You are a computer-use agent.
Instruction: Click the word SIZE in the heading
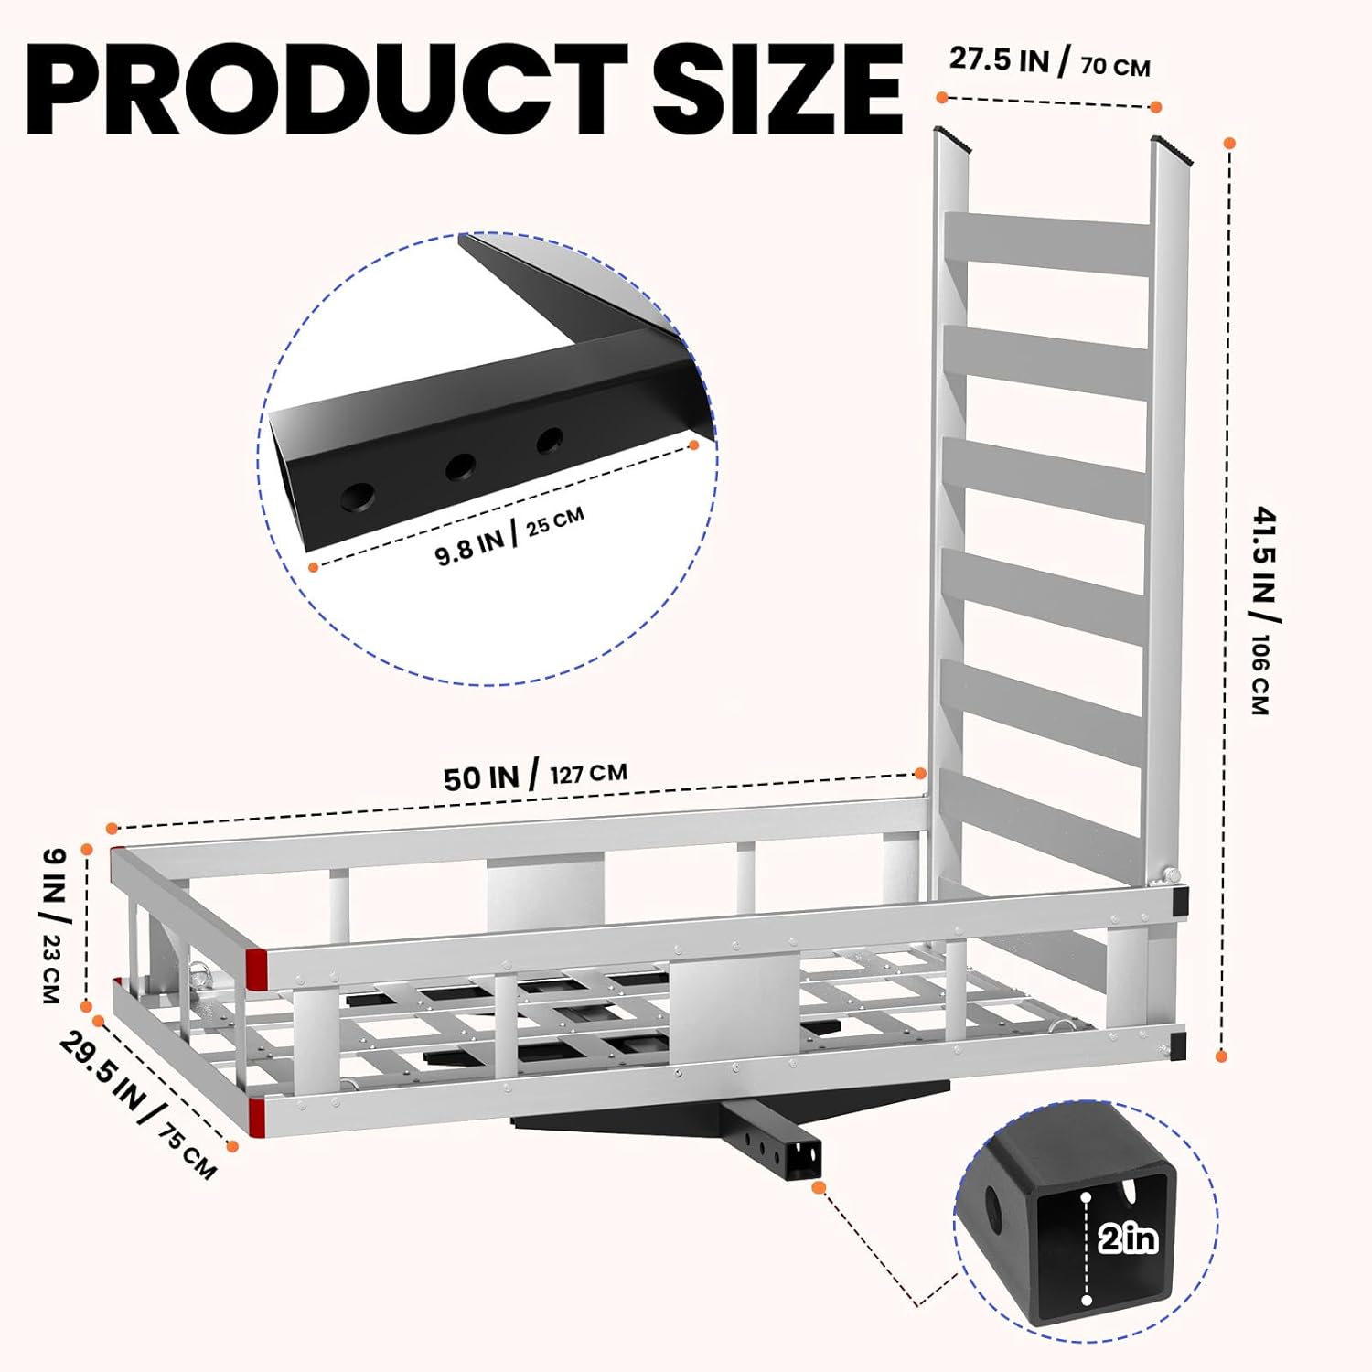[x=778, y=89]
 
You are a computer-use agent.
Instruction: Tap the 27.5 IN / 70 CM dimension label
[x=1049, y=62]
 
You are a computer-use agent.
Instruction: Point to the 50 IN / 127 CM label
[x=536, y=776]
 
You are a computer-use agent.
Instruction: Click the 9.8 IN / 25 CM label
[x=509, y=535]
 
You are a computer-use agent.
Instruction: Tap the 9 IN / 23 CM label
[x=55, y=925]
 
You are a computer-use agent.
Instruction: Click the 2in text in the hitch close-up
[x=1128, y=1238]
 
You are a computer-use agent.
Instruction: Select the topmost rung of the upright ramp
[x=1048, y=244]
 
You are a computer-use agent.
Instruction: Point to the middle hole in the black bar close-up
[x=460, y=468]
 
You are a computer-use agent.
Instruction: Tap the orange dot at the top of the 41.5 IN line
[x=1229, y=144]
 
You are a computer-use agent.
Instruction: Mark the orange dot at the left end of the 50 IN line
[x=112, y=829]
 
